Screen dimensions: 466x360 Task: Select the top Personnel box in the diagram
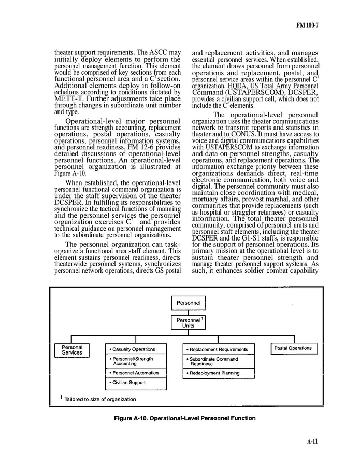pyautogui.click(x=189, y=302)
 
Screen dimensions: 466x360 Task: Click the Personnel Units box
pyautogui.click(x=189, y=323)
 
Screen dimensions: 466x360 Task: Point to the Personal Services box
pyautogui.click(x=72, y=350)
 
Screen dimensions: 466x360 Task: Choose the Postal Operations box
pyautogui.click(x=292, y=348)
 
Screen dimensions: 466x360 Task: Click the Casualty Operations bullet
pyautogui.click(x=136, y=349)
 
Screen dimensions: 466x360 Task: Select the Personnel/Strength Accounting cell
pyautogui.click(x=136, y=361)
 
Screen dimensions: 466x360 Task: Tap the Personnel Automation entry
pyautogui.click(x=136, y=373)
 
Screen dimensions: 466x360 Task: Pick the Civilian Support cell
pyautogui.click(x=136, y=384)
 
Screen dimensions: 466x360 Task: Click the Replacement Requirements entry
pyautogui.click(x=219, y=349)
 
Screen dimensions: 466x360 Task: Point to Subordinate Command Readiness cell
pyautogui.click(x=219, y=361)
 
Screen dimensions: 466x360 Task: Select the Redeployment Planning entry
pyautogui.click(x=219, y=373)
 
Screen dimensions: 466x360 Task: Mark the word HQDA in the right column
pyautogui.click(x=238, y=86)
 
